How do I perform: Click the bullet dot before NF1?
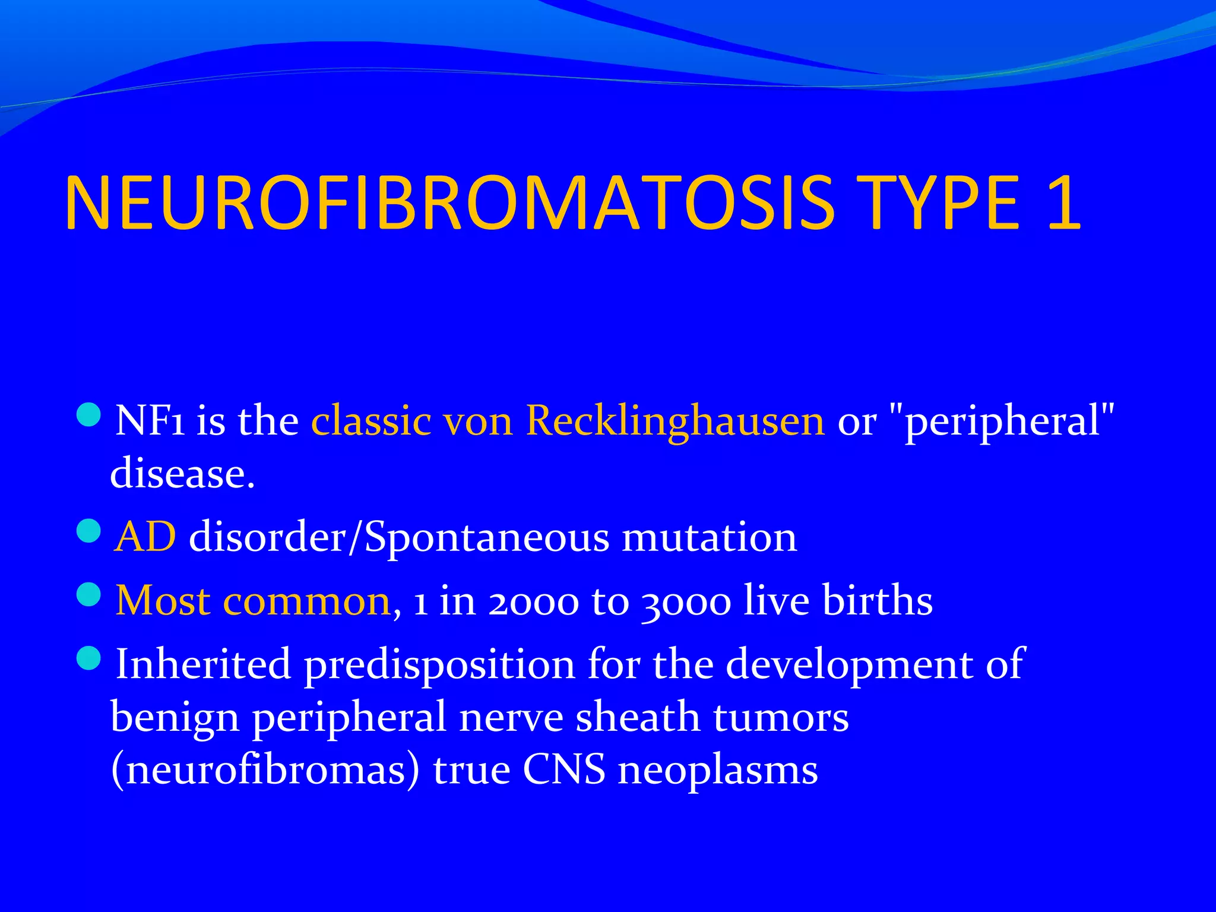(x=89, y=414)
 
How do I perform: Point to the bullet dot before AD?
(x=89, y=530)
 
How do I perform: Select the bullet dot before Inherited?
(x=89, y=657)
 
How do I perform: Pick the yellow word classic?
(x=371, y=421)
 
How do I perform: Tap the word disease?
(x=182, y=474)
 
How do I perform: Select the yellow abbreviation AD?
(x=145, y=537)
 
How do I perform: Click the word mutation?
(x=709, y=537)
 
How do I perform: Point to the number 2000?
(x=533, y=601)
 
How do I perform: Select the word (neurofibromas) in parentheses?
(x=265, y=770)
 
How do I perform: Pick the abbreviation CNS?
(x=563, y=770)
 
